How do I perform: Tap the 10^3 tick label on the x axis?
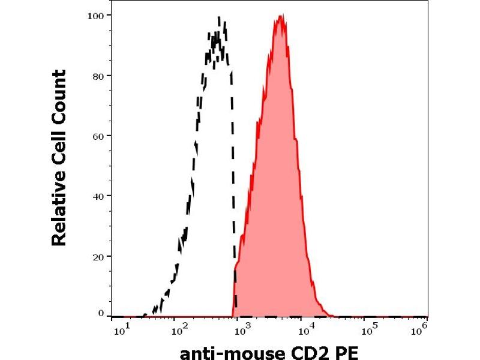click(241, 328)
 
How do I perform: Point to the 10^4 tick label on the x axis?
click(306, 328)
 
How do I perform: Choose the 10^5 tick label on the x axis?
click(370, 328)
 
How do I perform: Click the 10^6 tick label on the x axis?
click(421, 328)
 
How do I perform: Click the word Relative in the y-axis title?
click(59, 210)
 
